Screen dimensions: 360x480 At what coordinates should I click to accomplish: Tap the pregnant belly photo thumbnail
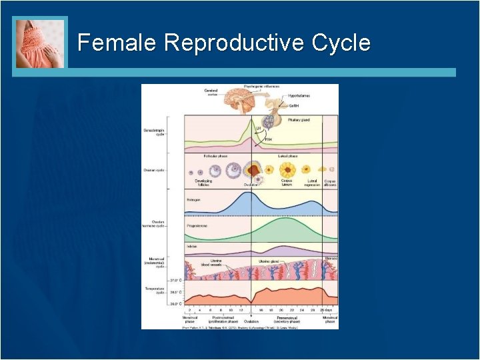(x=41, y=43)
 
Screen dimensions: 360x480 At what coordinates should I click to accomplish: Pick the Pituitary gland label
(x=298, y=120)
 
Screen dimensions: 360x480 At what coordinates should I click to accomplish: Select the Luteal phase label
(x=287, y=156)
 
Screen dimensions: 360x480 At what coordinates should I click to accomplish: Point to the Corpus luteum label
(x=287, y=183)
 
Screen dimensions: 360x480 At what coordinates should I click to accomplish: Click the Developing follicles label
(x=203, y=183)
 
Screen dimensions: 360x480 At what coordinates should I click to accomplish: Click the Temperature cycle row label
(x=154, y=291)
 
